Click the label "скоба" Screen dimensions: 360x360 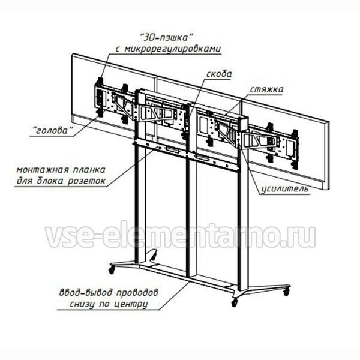pyautogui.click(x=219, y=74)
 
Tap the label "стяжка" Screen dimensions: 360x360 pyautogui.click(x=267, y=89)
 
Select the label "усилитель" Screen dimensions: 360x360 pyautogui.click(x=285, y=189)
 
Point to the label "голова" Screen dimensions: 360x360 pyautogui.click(x=52, y=130)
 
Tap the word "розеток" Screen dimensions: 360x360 pyautogui.click(x=87, y=181)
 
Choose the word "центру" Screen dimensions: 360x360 pyautogui.click(x=130, y=304)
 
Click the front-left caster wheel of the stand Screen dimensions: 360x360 pyautogui.click(x=112, y=270)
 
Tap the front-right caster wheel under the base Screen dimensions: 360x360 pyautogui.click(x=234, y=302)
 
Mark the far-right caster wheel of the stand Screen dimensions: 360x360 pyautogui.click(x=286, y=292)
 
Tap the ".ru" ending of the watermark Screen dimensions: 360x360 pyautogui.click(x=298, y=237)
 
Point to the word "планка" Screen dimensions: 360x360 pyautogui.click(x=89, y=170)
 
